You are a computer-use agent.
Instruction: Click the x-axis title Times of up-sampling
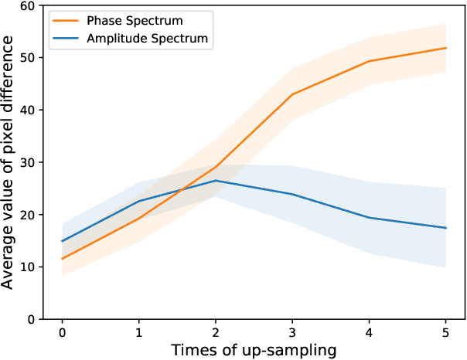[x=254, y=350]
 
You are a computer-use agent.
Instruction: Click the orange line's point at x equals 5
[x=446, y=48]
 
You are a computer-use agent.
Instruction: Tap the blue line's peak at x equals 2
[x=216, y=181]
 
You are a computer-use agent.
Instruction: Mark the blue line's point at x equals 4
[x=370, y=218]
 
